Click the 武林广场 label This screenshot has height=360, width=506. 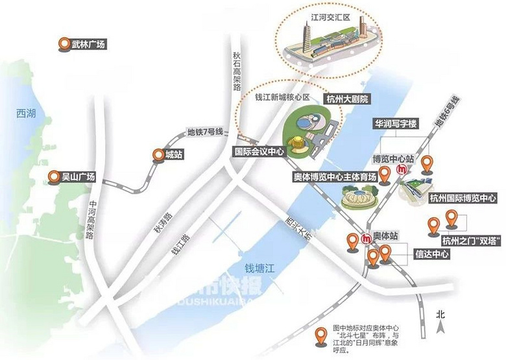(88, 45)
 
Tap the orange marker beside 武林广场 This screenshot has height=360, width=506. (64, 45)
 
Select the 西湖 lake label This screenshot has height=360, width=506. (26, 113)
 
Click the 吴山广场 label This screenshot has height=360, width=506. (78, 176)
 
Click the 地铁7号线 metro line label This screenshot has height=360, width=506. (204, 132)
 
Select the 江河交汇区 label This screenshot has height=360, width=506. (326, 19)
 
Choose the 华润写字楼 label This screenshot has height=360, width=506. (394, 123)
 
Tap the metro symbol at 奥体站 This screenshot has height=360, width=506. (367, 238)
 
